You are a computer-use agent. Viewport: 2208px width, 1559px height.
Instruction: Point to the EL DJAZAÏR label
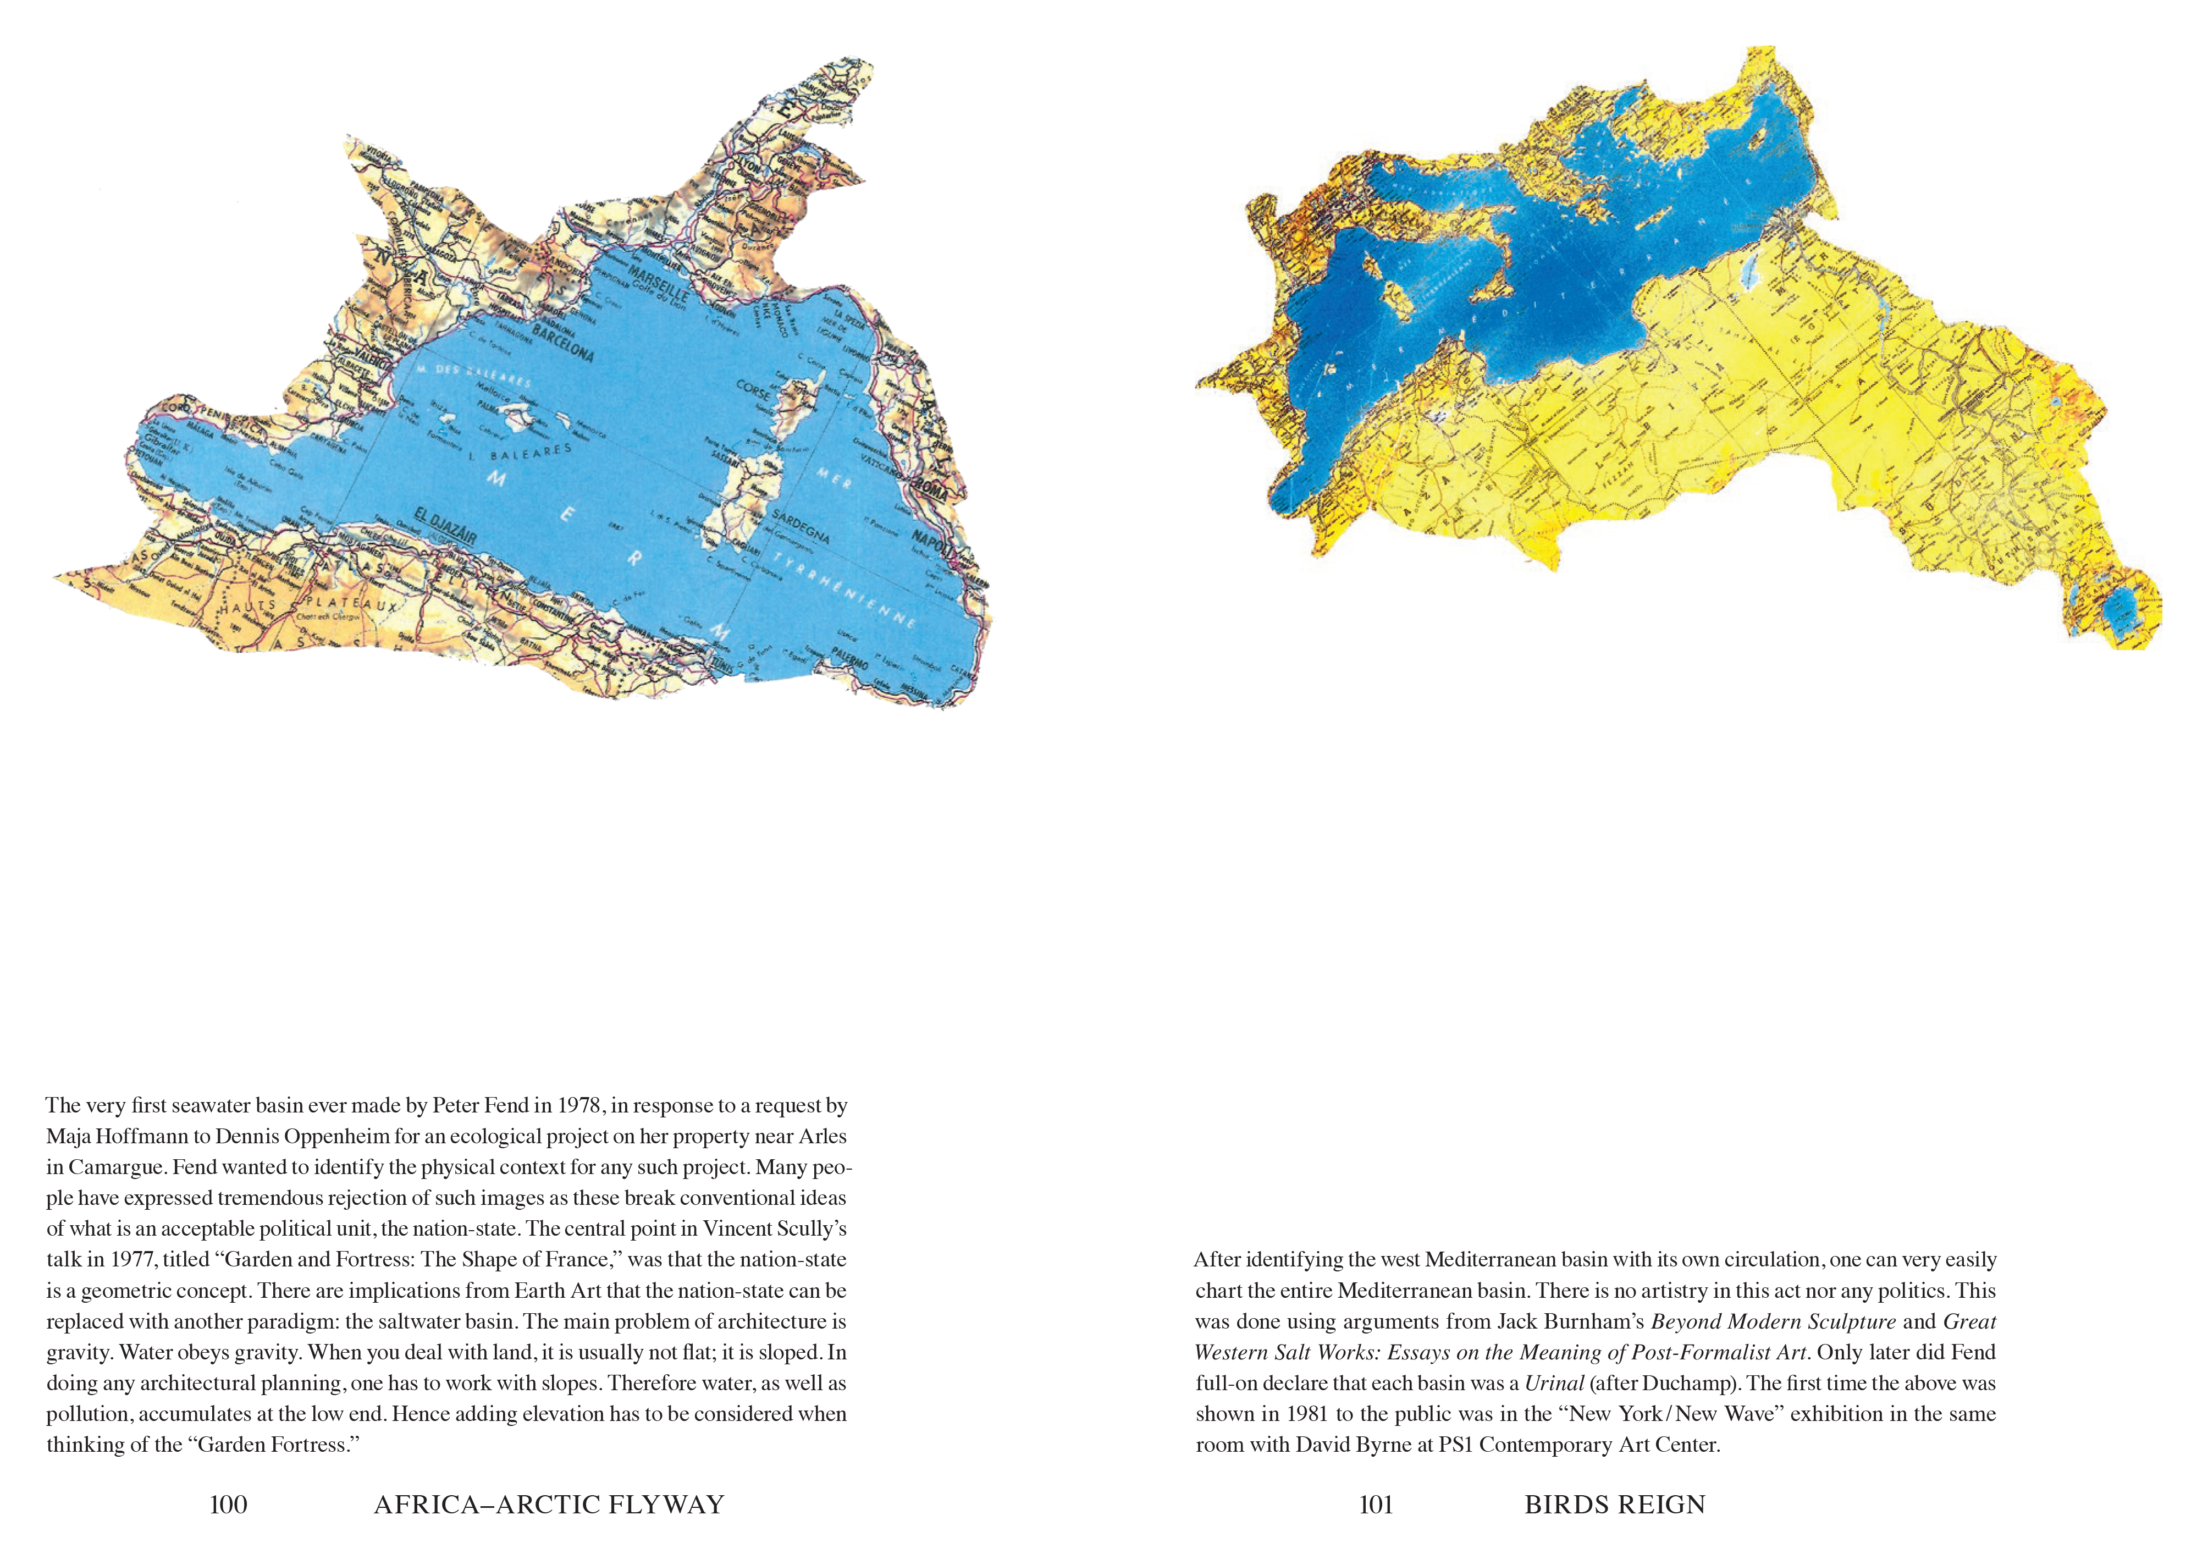(445, 526)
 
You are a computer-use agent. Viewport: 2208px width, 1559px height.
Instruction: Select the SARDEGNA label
(801, 526)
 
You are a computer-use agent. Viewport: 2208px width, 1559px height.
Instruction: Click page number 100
(228, 1505)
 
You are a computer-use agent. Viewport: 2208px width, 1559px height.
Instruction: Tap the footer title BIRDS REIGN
(1615, 1505)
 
